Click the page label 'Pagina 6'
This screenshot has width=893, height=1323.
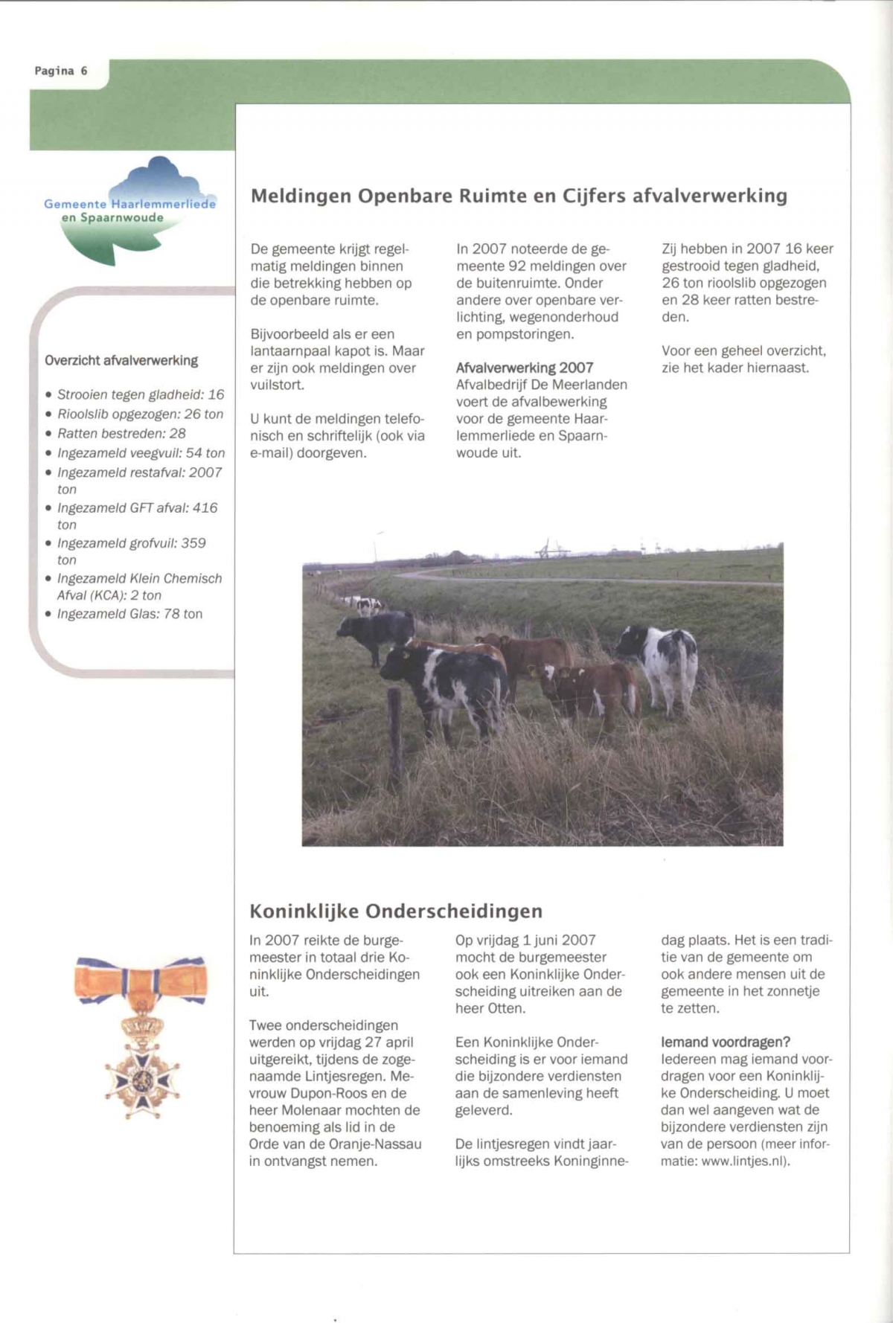[x=61, y=71]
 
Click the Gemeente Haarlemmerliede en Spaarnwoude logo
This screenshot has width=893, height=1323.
[x=130, y=209]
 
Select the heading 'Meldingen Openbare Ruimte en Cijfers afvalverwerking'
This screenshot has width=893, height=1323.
[x=519, y=196]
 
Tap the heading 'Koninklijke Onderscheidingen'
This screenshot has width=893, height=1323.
[x=396, y=911]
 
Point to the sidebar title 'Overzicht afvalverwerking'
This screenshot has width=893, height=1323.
[x=121, y=361]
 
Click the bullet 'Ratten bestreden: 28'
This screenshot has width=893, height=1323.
[x=121, y=433]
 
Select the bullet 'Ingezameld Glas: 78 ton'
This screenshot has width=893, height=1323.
[x=129, y=614]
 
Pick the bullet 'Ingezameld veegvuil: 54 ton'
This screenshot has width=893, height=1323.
[x=141, y=453]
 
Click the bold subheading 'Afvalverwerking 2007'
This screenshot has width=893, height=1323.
[x=525, y=368]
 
